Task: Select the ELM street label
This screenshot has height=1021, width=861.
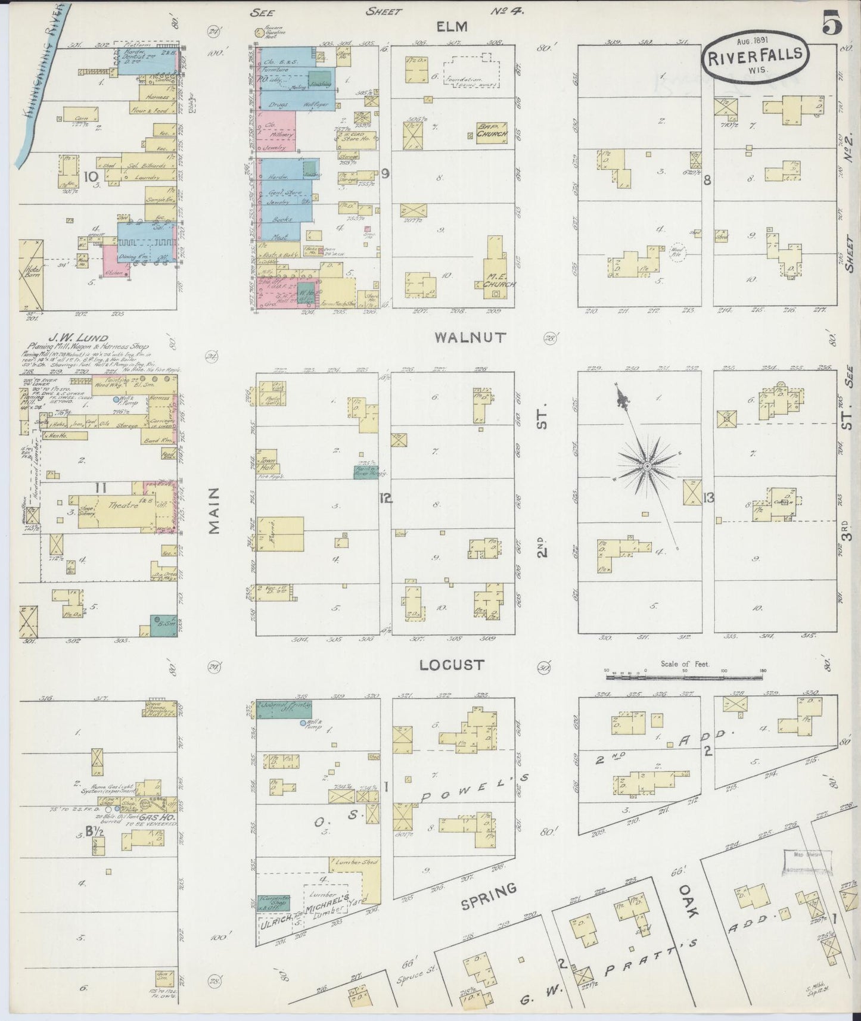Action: click(451, 26)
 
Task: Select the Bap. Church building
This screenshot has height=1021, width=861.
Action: click(491, 131)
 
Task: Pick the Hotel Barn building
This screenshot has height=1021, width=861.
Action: click(30, 274)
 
